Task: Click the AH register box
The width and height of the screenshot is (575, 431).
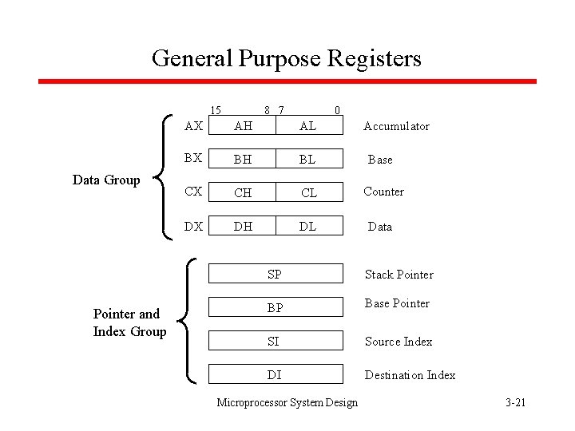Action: click(x=243, y=126)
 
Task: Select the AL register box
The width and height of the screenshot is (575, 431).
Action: click(x=308, y=126)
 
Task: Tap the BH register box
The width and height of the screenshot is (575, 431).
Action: click(x=243, y=160)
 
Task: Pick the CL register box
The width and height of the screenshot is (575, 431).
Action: click(x=308, y=192)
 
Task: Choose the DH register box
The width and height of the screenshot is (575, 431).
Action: click(x=243, y=227)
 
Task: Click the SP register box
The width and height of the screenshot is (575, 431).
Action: click(x=276, y=274)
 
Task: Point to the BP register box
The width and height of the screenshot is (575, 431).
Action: click(x=276, y=307)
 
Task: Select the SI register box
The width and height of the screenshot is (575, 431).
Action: click(x=276, y=341)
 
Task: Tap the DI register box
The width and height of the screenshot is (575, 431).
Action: click(x=276, y=374)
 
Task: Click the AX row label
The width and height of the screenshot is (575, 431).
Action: click(x=193, y=126)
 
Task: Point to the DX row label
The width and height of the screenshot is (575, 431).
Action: click(x=193, y=227)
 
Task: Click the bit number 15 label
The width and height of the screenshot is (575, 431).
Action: click(x=215, y=110)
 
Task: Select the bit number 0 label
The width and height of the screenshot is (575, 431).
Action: click(x=337, y=110)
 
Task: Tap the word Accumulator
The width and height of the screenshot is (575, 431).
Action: click(x=396, y=126)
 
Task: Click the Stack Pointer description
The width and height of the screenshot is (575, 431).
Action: click(x=399, y=275)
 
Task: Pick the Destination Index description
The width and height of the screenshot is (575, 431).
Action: click(x=410, y=375)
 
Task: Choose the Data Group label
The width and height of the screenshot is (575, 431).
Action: click(x=106, y=180)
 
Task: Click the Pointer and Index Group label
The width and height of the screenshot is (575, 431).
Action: click(x=129, y=322)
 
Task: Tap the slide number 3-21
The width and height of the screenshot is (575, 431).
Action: click(x=515, y=402)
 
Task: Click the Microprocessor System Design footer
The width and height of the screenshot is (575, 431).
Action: click(x=287, y=402)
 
